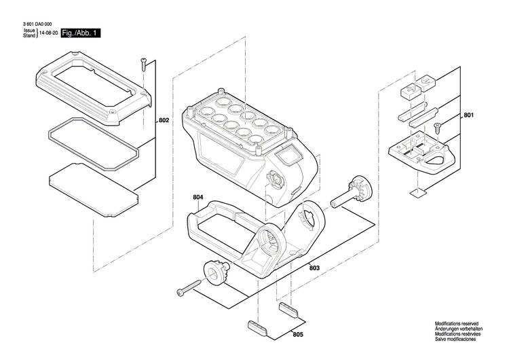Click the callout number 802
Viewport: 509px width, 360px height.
coord(164,120)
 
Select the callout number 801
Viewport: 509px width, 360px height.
coord(468,116)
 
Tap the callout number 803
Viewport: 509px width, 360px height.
coord(314,268)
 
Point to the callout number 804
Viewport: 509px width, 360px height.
coord(197,197)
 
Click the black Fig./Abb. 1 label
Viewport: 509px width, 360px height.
coord(80,33)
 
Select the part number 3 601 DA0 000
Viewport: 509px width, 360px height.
coord(42,24)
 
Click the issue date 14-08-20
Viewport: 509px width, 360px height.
coord(48,33)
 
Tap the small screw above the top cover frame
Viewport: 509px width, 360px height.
coord(144,63)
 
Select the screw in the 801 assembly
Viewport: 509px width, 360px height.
coord(438,126)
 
